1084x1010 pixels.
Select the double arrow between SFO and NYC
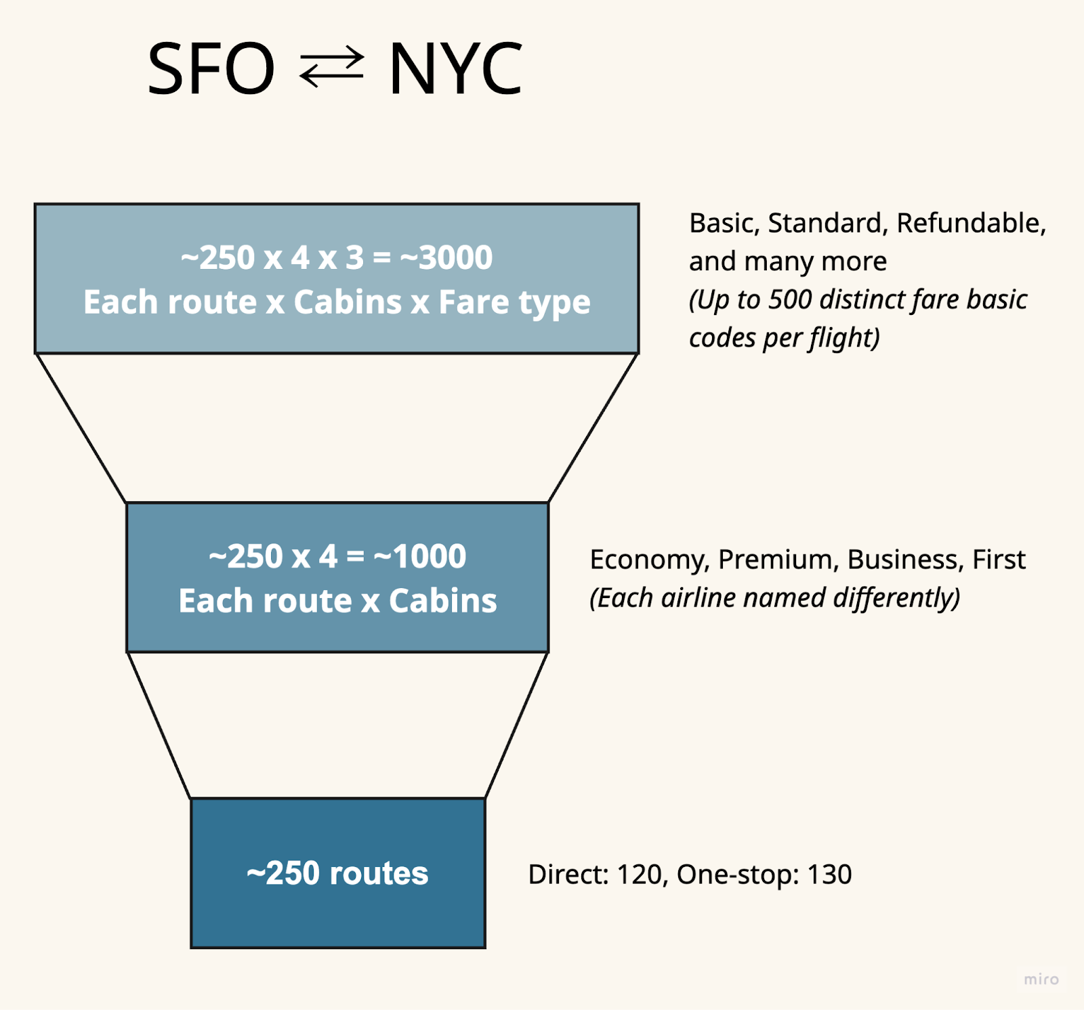[331, 67]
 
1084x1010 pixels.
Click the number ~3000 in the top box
[446, 257]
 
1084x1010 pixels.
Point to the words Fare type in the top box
[514, 302]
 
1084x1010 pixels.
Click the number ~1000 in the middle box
[420, 557]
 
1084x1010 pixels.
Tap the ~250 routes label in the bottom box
[337, 873]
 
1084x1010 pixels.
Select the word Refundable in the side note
[970, 223]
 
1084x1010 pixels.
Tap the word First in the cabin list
[999, 560]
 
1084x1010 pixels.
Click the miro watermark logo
[1041, 980]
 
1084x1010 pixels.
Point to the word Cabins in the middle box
[442, 601]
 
